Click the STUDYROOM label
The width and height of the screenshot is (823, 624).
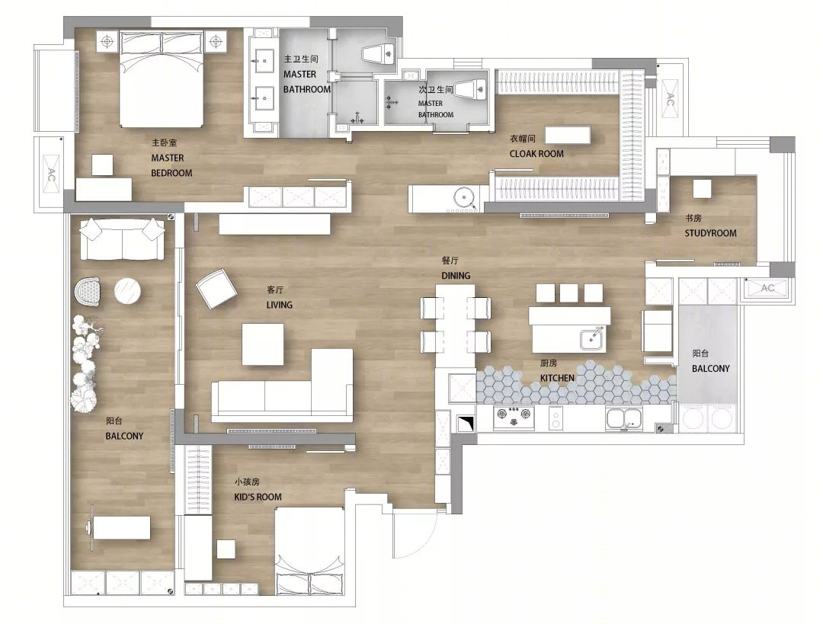[710, 233]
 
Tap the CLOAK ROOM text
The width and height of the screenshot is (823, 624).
[536, 154]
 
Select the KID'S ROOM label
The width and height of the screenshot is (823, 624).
[258, 497]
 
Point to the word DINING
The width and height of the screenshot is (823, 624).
[456, 276]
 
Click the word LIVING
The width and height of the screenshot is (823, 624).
[279, 305]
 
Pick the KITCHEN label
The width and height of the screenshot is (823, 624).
[557, 378]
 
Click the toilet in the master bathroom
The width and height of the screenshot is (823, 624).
[378, 53]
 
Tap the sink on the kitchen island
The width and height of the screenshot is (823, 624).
[593, 338]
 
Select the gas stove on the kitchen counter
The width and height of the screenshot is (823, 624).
[514, 418]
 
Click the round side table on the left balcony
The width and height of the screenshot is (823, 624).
[127, 291]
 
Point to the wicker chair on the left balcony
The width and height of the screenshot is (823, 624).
[87, 293]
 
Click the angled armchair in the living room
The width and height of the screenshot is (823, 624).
[216, 289]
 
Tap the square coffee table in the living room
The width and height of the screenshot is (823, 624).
[262, 344]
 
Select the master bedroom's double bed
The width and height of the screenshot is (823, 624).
[161, 78]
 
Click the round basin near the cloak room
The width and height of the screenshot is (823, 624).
[464, 198]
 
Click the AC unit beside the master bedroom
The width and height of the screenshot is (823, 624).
[52, 174]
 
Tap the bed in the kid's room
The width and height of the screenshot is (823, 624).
[311, 551]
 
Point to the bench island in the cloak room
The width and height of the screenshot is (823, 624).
[568, 134]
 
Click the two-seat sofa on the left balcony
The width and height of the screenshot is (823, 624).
[122, 238]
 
